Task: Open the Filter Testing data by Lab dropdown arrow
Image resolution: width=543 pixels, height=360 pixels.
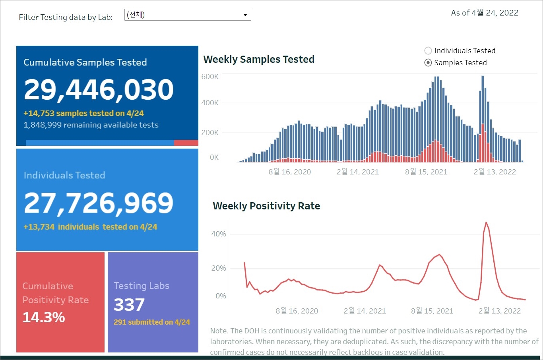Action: [245, 15]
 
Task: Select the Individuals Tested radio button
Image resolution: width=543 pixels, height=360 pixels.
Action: [428, 51]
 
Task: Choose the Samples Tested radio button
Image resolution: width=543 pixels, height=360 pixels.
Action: [428, 63]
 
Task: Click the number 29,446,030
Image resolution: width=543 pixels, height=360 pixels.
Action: [99, 89]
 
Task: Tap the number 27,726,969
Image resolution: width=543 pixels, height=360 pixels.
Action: [99, 203]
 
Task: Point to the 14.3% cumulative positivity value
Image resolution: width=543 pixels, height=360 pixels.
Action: [44, 317]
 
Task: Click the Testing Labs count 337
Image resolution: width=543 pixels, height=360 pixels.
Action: [129, 305]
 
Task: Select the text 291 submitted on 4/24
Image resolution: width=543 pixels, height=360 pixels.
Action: [152, 322]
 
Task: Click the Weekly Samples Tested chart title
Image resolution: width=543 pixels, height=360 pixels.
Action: [259, 60]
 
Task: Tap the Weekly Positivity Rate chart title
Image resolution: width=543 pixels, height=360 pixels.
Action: [266, 206]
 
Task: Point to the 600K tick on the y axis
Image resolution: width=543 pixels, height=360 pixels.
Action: [210, 77]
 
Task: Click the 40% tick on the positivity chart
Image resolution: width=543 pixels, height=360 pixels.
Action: [219, 234]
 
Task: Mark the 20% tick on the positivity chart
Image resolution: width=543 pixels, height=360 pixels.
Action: [219, 268]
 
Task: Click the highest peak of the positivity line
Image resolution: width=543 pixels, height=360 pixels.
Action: [486, 223]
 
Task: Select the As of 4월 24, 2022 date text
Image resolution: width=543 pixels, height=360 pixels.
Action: [485, 13]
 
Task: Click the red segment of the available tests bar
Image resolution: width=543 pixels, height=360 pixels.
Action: [186, 143]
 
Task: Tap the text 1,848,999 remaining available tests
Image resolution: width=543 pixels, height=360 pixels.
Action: [91, 125]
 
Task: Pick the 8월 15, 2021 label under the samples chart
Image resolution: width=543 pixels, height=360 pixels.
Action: [426, 172]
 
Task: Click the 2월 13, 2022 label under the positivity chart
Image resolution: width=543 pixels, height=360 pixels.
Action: [499, 311]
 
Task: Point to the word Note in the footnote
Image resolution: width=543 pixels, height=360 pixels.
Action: [219, 331]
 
